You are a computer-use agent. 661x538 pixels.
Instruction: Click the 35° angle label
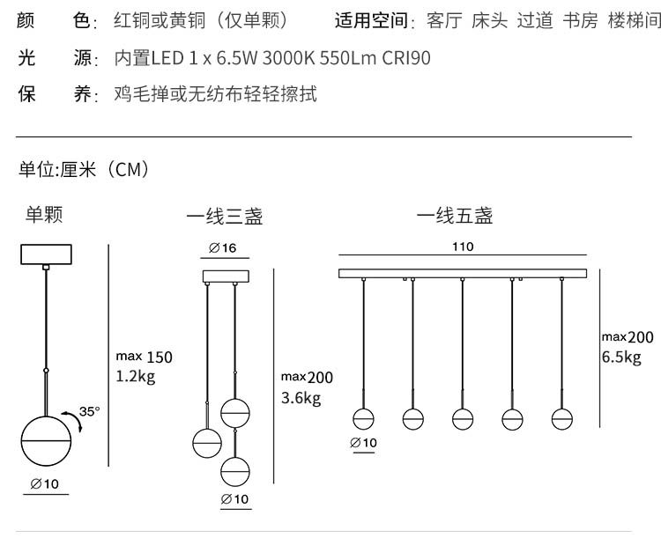(x=90, y=411)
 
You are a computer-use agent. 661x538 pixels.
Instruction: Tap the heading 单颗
(x=44, y=214)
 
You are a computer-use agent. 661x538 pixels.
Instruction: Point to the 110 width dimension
(x=463, y=247)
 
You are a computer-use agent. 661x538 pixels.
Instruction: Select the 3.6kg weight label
(x=301, y=398)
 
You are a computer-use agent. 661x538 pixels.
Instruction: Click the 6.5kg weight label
(x=621, y=357)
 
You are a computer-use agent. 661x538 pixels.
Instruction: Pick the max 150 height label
(x=145, y=357)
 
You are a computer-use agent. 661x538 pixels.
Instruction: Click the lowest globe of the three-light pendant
(x=234, y=468)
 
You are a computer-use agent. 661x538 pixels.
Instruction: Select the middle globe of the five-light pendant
(x=463, y=418)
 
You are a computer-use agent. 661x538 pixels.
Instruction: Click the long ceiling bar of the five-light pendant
(x=463, y=273)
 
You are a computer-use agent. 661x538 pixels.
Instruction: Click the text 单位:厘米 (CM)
(x=84, y=169)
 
